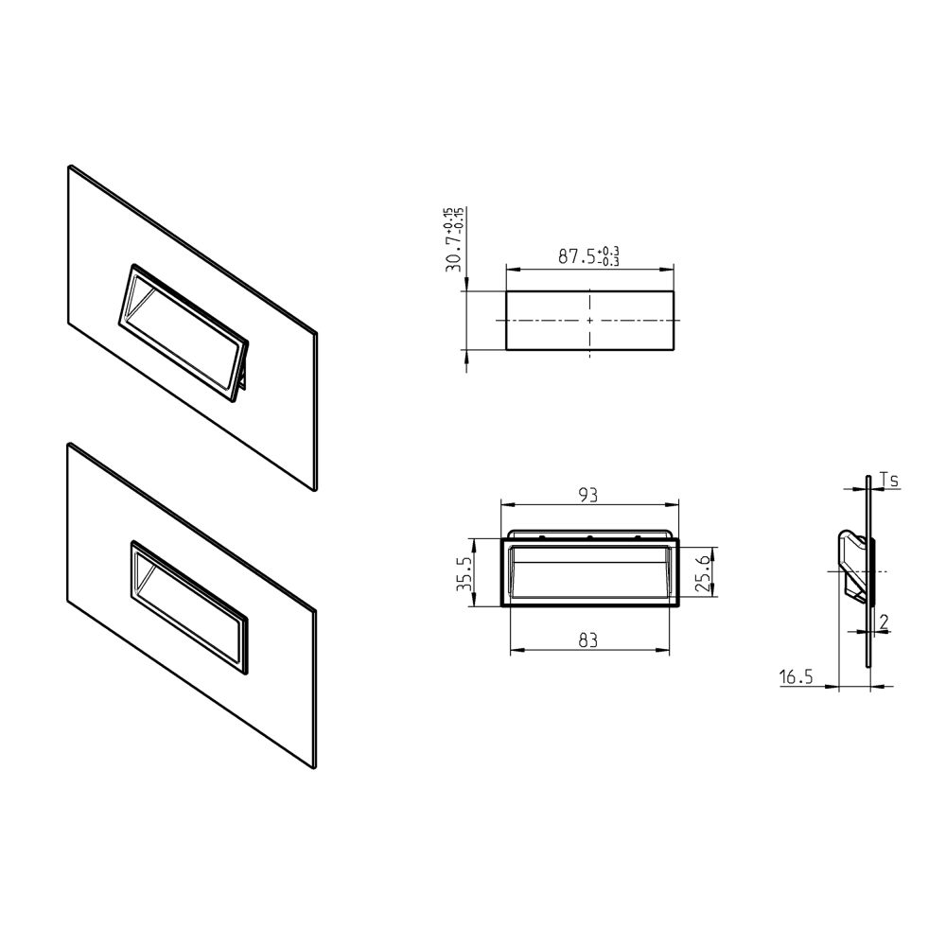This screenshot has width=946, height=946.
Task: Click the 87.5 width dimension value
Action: coord(575,256)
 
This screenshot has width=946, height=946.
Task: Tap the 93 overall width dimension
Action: coord(588,494)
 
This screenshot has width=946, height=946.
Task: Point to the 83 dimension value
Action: coord(588,640)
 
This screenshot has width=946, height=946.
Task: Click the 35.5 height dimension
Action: coord(464,572)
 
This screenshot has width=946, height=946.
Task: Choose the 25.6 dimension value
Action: coord(702,572)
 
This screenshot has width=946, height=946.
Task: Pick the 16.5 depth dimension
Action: coord(797,676)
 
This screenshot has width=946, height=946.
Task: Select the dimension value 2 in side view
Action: coord(883,622)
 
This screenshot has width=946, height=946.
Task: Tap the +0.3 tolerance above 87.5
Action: coord(610,251)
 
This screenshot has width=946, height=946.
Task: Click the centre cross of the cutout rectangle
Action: coord(590,321)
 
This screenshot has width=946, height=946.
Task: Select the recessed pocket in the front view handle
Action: coord(588,574)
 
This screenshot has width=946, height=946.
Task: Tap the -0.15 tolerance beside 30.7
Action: coord(460,219)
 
